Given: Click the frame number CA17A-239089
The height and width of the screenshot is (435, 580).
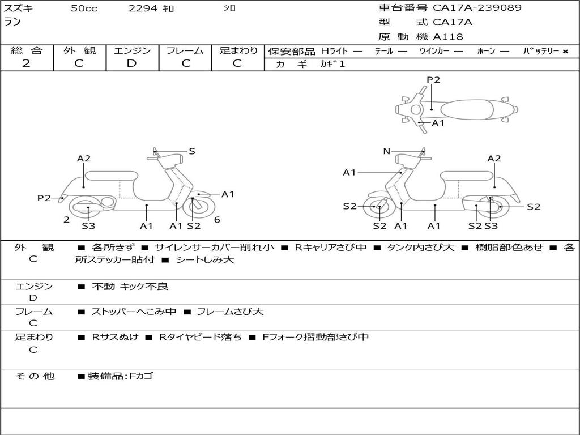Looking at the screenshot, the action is [477, 8].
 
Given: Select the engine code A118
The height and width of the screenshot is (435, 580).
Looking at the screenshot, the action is [448, 37].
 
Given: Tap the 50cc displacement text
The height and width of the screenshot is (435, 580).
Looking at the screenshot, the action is [84, 8].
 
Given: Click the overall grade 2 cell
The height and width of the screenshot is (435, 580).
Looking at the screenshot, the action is [26, 63].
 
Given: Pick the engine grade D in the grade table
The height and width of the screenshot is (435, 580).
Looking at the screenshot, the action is [132, 63].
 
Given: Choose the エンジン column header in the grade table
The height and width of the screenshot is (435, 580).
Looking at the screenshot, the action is [132, 51].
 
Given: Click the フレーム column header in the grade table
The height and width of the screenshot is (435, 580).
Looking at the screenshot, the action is [185, 51].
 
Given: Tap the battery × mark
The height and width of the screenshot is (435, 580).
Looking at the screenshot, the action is [565, 52].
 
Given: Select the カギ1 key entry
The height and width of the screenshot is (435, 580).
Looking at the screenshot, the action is [332, 64].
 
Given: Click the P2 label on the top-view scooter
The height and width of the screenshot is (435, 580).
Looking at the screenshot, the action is [433, 80].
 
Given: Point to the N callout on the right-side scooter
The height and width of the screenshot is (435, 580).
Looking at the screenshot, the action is [387, 151].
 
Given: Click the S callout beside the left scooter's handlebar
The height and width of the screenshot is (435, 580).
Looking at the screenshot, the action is [192, 151].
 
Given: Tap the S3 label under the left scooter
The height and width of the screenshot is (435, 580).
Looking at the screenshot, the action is [88, 226].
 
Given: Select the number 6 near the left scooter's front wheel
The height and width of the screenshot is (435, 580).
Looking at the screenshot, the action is [217, 220].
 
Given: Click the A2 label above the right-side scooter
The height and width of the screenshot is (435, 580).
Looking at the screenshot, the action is [494, 159].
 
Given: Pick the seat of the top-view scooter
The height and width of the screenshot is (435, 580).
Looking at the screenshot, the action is [463, 109].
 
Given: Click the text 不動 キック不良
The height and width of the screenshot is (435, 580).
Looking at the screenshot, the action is [130, 287].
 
